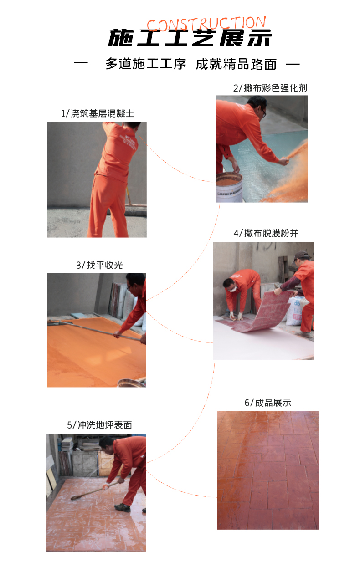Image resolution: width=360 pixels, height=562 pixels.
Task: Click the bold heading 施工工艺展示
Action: click(x=189, y=38)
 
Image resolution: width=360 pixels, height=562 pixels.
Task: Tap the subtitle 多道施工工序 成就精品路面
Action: click(x=190, y=64)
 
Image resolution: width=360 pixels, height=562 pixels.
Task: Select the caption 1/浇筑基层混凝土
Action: click(x=98, y=113)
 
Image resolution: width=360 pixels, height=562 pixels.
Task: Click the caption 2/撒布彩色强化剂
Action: click(x=270, y=88)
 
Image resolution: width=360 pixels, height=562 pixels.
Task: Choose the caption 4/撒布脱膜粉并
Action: click(x=266, y=234)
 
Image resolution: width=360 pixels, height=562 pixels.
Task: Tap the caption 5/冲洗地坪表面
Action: click(x=99, y=425)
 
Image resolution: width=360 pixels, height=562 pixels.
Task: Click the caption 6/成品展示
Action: click(x=267, y=403)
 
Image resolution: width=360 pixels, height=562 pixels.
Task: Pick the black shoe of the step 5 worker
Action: click(x=122, y=507)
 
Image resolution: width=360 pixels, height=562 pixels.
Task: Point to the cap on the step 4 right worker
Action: click(x=302, y=255)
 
